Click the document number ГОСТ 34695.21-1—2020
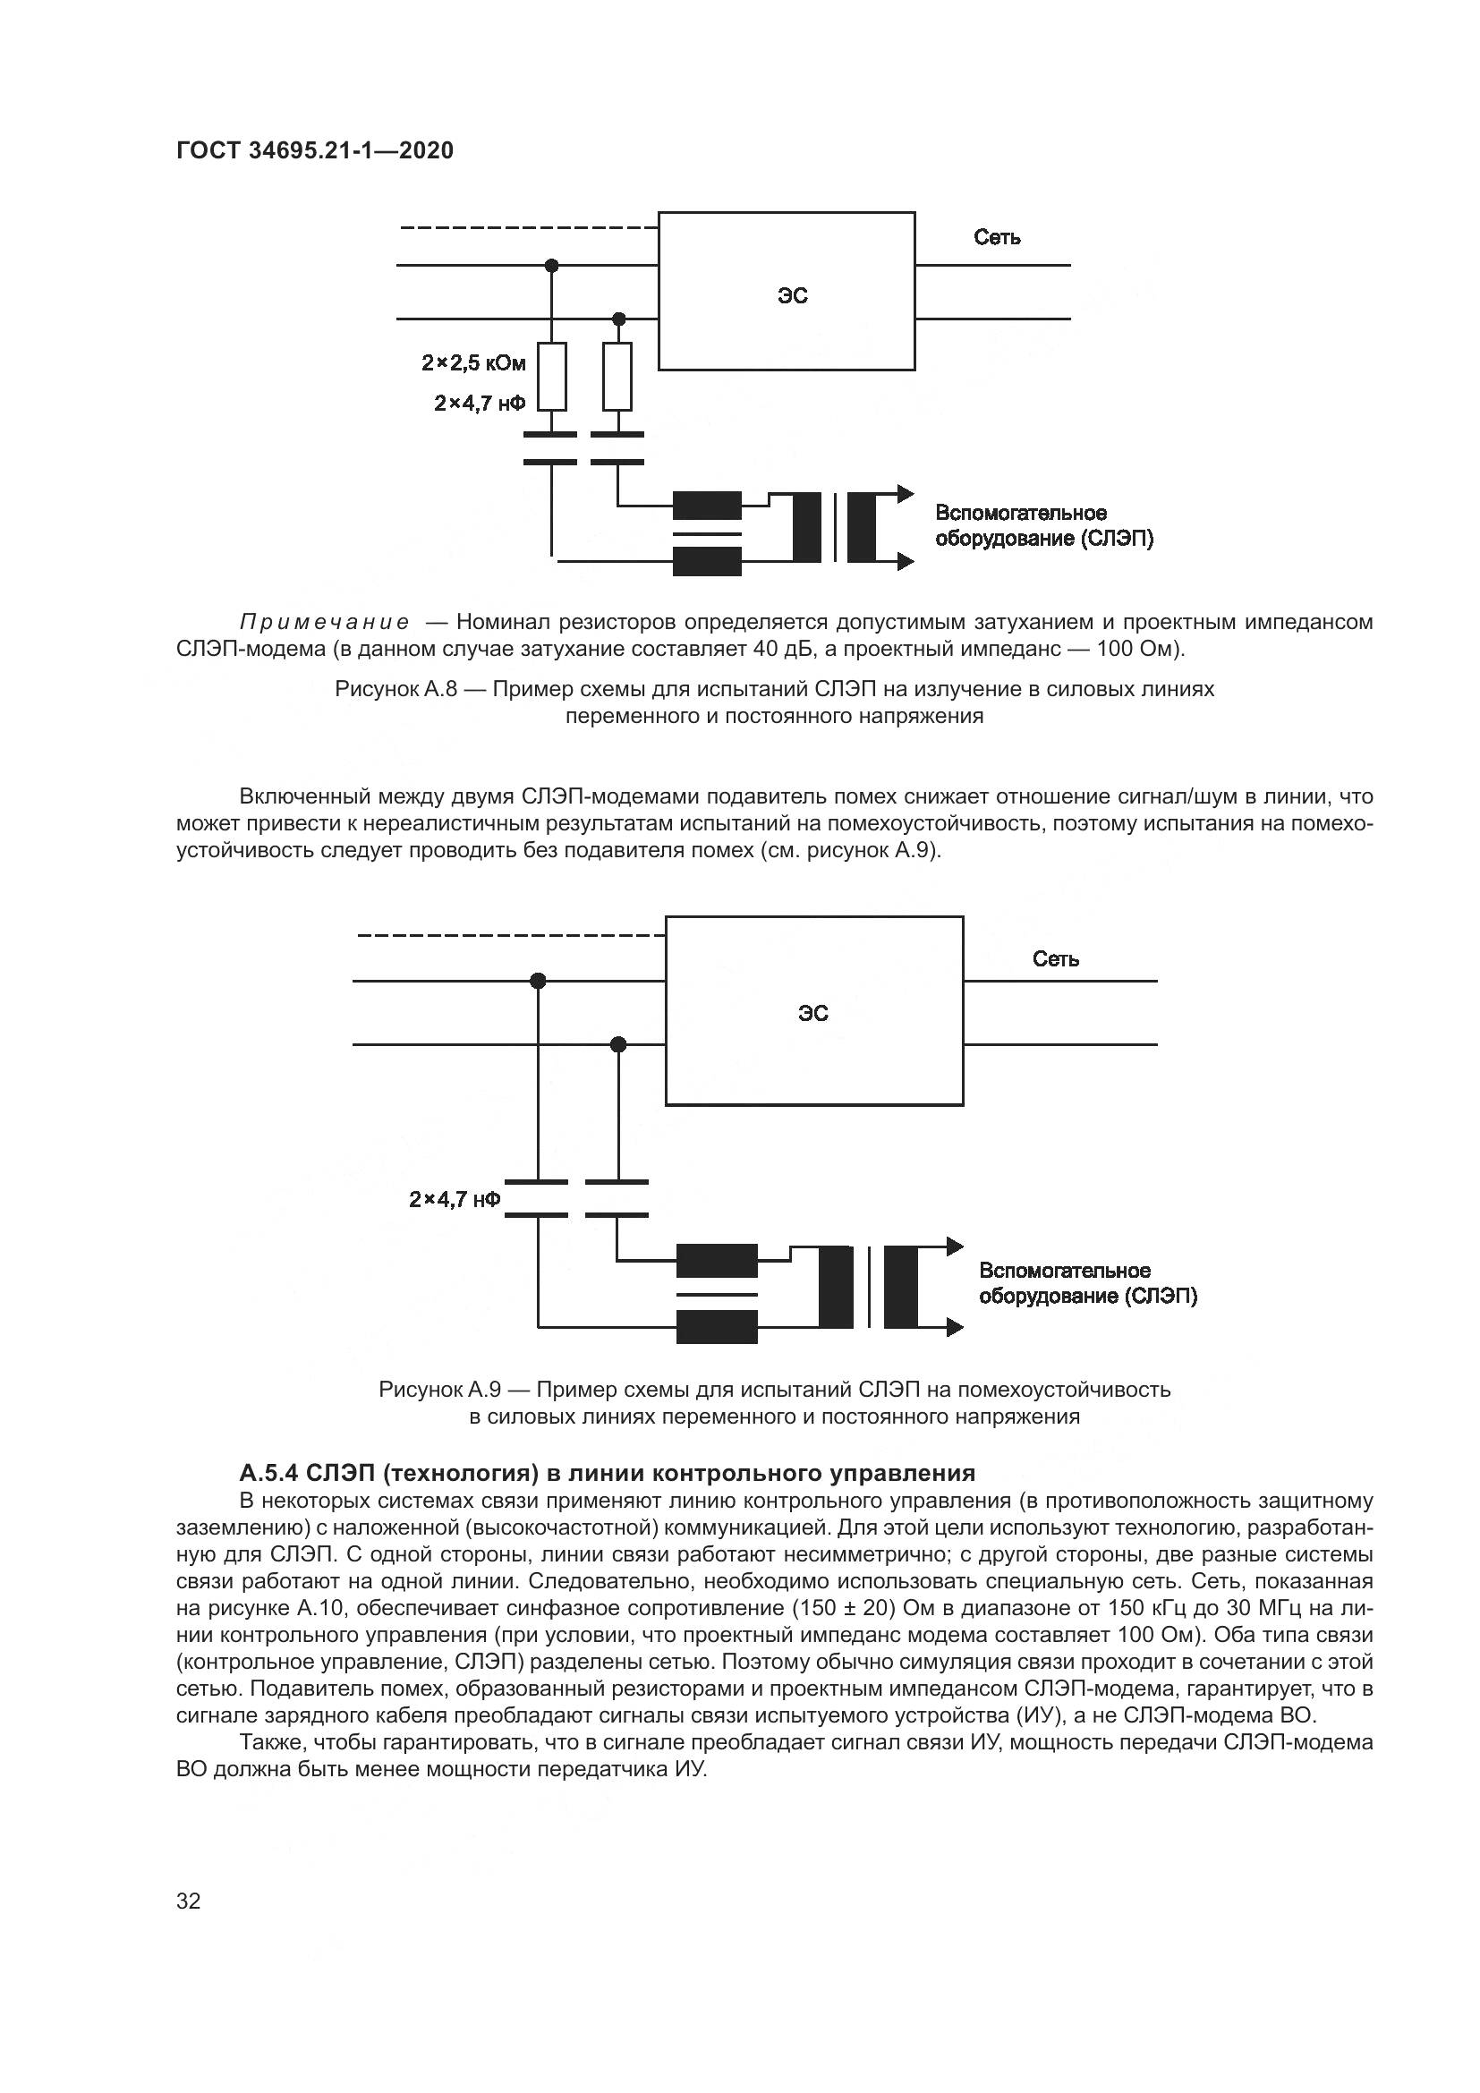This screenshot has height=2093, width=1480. pyautogui.click(x=314, y=150)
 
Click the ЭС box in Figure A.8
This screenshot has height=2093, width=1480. pyautogui.click(x=786, y=292)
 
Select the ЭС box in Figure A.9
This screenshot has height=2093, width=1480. pyautogui.click(x=813, y=1011)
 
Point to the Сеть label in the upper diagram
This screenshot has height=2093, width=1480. pyautogui.click(x=997, y=238)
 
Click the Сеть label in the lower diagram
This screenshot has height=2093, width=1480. pyautogui.click(x=1055, y=959)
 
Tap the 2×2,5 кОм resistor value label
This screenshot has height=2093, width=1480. pyautogui.click(x=474, y=362)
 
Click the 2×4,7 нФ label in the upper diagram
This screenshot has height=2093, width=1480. pyautogui.click(x=481, y=403)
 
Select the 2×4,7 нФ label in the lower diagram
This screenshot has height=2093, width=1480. pyautogui.click(x=455, y=1199)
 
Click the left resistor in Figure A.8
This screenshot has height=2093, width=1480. pyautogui.click(x=551, y=377)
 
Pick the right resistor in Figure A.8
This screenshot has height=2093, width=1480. pyautogui.click(x=618, y=377)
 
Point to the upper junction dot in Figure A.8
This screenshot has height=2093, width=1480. pyautogui.click(x=551, y=265)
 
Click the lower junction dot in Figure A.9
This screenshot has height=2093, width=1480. pyautogui.click(x=618, y=1044)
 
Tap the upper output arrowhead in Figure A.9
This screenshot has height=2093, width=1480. pyautogui.click(x=954, y=1246)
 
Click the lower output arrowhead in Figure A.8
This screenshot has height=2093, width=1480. pyautogui.click(x=905, y=562)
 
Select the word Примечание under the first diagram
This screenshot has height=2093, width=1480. pyautogui.click(x=325, y=623)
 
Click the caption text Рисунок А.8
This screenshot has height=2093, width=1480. pyautogui.click(x=396, y=689)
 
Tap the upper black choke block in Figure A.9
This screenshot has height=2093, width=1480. pyautogui.click(x=717, y=1261)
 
